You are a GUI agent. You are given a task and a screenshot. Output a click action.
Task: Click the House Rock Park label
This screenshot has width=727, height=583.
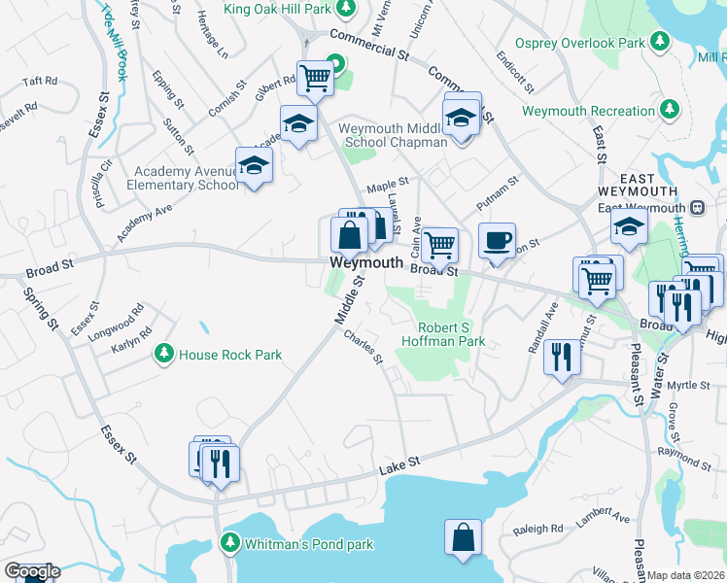pos(230,355)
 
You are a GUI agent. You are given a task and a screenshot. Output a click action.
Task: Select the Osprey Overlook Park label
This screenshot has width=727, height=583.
pos(581,44)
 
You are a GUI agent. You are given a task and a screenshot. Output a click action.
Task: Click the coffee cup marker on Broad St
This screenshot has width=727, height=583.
pos(497,241)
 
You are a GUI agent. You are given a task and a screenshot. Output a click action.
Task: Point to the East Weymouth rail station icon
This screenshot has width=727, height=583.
pos(697,208)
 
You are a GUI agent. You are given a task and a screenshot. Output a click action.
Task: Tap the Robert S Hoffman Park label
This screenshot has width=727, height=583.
pos(452,334)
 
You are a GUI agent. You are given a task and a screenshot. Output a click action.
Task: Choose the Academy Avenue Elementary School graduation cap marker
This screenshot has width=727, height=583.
pos(254,164)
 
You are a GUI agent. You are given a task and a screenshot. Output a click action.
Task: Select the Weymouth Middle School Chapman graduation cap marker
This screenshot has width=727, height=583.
pos(462,119)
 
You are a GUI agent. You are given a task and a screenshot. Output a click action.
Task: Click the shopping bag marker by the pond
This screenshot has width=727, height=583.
pos(464,536)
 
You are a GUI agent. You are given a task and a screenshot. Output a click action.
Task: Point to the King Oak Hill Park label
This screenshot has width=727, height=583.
pos(278,9)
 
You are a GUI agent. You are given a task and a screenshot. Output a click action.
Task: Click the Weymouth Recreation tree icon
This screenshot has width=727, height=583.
pos(668,111)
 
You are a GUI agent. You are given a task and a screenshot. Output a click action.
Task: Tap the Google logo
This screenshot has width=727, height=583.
pos(31,571)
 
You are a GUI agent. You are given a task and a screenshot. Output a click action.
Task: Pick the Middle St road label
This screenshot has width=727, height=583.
pos(348,300)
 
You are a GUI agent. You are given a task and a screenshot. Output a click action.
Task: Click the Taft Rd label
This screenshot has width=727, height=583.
pos(40,82)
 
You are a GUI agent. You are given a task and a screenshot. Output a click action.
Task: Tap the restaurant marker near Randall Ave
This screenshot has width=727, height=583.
pos(563,358)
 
